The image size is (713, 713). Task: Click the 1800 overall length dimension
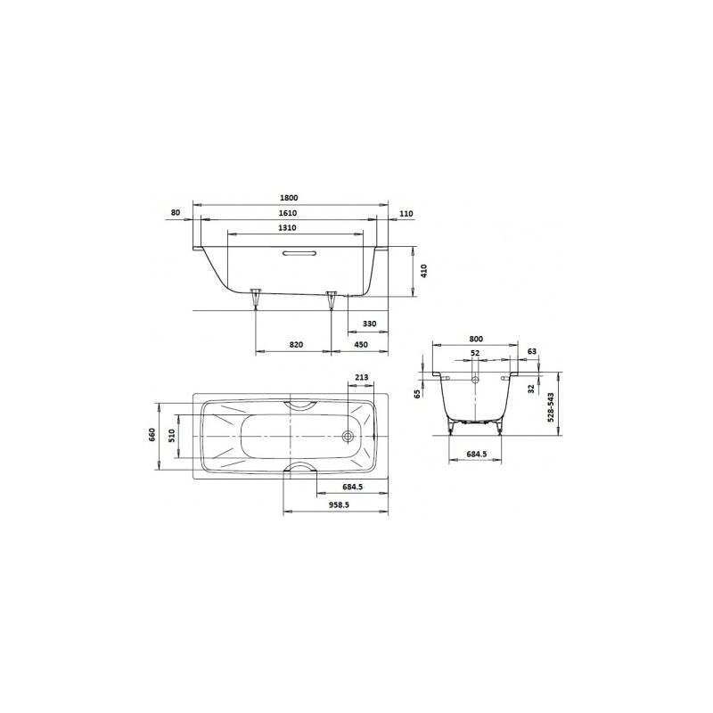click(x=288, y=198)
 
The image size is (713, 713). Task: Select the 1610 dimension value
click(x=287, y=213)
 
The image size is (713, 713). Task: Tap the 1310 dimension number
click(x=287, y=228)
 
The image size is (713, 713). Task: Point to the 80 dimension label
click(x=176, y=212)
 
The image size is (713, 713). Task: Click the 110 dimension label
click(x=407, y=213)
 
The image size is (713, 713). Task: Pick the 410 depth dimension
click(x=425, y=271)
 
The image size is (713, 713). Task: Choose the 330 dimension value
click(x=370, y=324)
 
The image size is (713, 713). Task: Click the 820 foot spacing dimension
click(x=296, y=345)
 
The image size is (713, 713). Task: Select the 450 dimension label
click(x=361, y=345)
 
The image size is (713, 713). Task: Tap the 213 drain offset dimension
click(x=362, y=377)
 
